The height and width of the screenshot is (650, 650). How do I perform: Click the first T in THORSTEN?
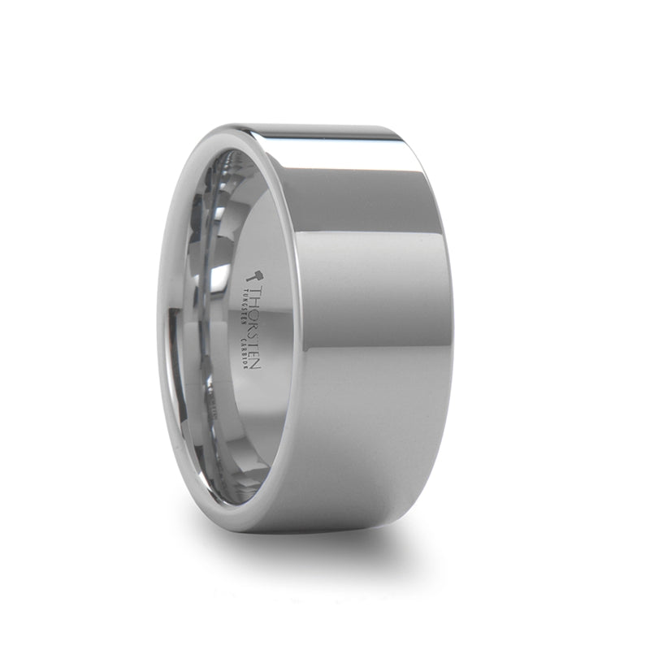coord(253,289)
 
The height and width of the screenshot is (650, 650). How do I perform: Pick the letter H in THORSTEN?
coord(253,299)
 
